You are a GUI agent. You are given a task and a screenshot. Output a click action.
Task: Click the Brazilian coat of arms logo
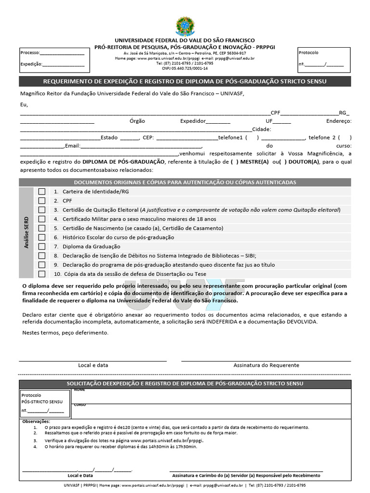(185, 26)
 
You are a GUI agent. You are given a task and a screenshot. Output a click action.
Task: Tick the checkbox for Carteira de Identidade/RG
(42, 192)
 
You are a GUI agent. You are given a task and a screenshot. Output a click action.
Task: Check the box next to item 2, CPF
(42, 201)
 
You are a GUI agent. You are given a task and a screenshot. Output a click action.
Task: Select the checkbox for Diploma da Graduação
(42, 246)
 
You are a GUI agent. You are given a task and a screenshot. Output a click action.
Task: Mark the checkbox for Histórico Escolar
(42, 237)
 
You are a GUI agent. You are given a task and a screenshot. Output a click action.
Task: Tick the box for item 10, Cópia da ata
(42, 274)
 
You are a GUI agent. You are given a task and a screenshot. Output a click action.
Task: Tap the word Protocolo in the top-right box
(308, 52)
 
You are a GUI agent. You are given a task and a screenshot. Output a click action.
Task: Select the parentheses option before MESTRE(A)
(234, 162)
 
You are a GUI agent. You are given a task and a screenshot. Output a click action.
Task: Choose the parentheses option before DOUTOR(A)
(284, 162)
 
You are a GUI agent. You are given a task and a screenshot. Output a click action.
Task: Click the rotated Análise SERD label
(27, 233)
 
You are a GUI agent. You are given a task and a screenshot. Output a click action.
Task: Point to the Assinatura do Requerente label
(266, 365)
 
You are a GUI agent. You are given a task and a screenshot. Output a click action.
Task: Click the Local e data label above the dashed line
(93, 365)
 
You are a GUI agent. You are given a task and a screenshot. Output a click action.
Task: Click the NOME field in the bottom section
(212, 396)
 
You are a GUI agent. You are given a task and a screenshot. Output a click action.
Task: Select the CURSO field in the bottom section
(212, 411)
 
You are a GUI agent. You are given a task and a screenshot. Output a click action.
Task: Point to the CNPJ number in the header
(185, 68)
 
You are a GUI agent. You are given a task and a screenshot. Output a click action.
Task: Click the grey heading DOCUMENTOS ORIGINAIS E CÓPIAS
(185, 182)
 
